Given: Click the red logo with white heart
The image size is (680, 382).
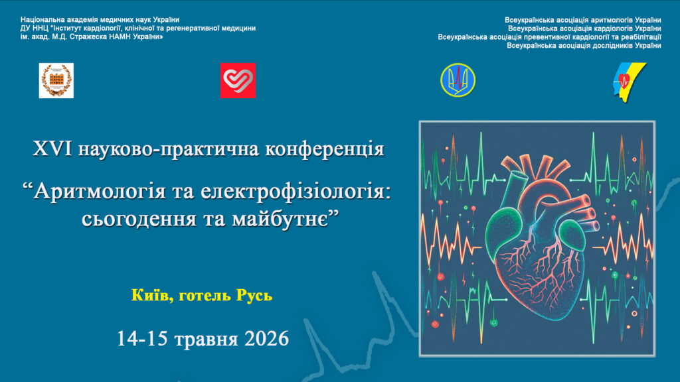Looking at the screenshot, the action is pyautogui.click(x=238, y=80).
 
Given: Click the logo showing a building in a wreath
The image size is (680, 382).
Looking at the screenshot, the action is pyautogui.click(x=56, y=80).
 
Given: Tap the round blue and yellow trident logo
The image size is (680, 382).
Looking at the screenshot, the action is pyautogui.click(x=458, y=80).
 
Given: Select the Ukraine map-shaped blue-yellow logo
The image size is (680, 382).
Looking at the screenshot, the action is pyautogui.click(x=630, y=82).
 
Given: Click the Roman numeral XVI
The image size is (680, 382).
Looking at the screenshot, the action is pyautogui.click(x=52, y=149).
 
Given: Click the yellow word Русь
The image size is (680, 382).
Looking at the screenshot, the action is pyautogui.click(x=254, y=296).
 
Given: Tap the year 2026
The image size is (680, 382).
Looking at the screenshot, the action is pyautogui.click(x=266, y=339).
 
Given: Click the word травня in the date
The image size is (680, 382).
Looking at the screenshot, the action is pyautogui.click(x=207, y=340).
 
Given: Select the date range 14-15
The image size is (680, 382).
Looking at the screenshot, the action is pyautogui.click(x=142, y=339).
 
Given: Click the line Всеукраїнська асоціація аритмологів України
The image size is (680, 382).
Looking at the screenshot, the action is pyautogui.click(x=583, y=20).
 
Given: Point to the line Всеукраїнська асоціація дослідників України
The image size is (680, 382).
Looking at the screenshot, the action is pyautogui.click(x=584, y=46).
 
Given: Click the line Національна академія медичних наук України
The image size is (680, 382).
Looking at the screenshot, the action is pyautogui.click(x=100, y=19).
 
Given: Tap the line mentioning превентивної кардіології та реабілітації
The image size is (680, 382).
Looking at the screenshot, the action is pyautogui.click(x=549, y=37).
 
